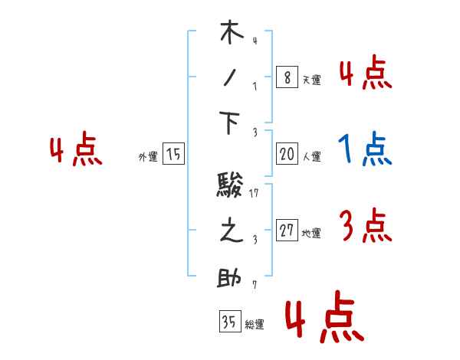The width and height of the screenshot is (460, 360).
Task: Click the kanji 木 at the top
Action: point(232,35)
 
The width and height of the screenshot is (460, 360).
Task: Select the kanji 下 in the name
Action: point(232,123)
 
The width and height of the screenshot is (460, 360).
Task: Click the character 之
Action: point(231,232)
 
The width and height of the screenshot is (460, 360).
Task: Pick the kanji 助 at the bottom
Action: point(232,277)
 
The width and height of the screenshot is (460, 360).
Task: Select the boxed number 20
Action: point(287,154)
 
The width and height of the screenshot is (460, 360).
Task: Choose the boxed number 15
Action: point(173,154)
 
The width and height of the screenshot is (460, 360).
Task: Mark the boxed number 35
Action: point(229,321)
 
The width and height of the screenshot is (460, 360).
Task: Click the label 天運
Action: point(311,80)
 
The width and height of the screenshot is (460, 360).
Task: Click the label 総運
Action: point(255,324)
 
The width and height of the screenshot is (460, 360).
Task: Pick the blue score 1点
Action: point(364,150)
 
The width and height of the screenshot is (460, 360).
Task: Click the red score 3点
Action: point(364,226)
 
